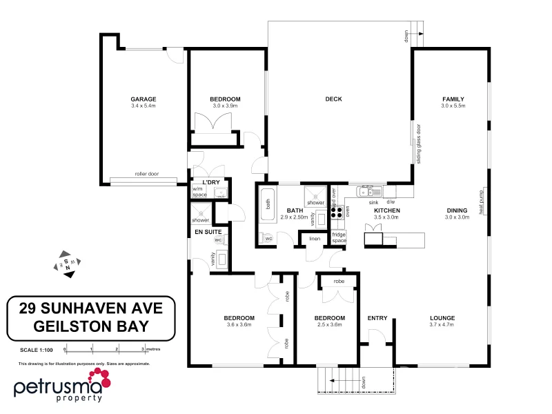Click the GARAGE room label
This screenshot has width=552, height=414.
pos(144,99)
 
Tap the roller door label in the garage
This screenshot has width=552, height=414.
pos(146,174)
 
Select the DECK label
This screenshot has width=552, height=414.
pos(333,99)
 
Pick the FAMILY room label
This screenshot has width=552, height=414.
pos(453,99)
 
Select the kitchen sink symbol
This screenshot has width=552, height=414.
pos(369,191)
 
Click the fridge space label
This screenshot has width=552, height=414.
pos(339,238)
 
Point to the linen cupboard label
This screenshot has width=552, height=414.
pos(315,239)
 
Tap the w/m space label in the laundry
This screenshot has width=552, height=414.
pos(199,192)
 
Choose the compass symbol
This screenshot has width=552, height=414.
pos(67,264)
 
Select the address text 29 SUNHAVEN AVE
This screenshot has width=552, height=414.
pos(90,306)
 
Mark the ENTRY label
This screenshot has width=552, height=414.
pos(377,318)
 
